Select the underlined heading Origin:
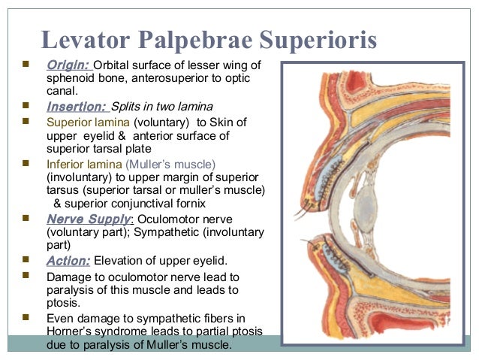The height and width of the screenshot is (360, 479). click(68, 64)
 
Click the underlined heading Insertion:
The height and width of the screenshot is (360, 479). click(77, 106)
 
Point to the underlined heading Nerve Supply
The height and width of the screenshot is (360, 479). click(89, 219)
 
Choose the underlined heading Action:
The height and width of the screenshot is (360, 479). click(68, 261)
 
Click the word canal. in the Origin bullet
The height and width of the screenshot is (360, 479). click(62, 91)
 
